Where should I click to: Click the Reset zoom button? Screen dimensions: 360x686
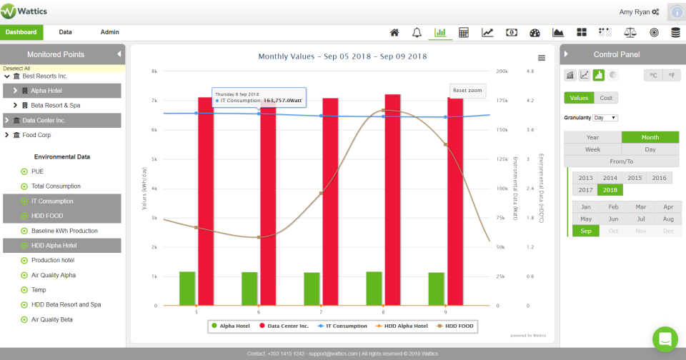[467, 90]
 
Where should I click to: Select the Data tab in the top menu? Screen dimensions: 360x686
[65, 32]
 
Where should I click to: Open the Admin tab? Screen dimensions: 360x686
[110, 32]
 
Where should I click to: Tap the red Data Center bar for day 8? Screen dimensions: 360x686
[392, 200]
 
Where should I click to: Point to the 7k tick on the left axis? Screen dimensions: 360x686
[153, 101]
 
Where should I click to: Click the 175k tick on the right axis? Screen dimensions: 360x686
[502, 101]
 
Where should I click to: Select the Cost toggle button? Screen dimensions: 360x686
[605, 98]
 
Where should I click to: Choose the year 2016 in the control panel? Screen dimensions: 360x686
[658, 178]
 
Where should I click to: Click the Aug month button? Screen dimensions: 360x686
[668, 219]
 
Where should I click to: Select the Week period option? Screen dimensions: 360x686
[592, 149]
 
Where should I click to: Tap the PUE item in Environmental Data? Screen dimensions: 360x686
[37, 171]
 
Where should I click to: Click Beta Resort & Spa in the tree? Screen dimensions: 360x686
[56, 105]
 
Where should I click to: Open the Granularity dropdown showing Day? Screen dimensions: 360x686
[605, 118]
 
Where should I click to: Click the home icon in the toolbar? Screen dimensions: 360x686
[394, 33]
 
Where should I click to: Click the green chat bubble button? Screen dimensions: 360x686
[665, 339]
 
